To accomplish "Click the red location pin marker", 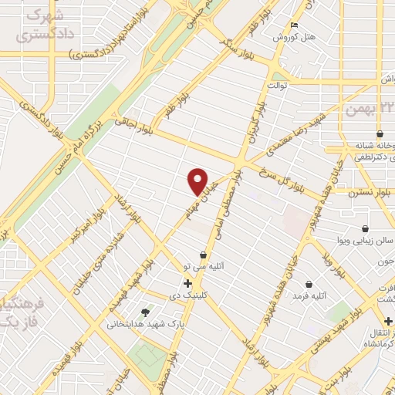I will pyautogui.click(x=199, y=182).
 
